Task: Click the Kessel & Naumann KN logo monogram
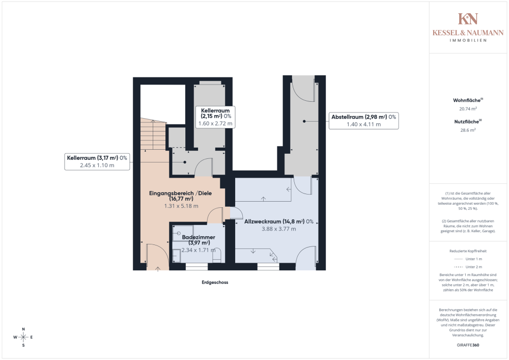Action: tap(468, 19)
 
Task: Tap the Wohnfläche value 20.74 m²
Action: tap(468, 109)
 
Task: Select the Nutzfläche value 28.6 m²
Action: tap(468, 130)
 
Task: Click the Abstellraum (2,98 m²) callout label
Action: tap(363, 121)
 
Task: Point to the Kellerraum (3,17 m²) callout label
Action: tap(97, 161)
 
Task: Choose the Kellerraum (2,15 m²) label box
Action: tap(215, 117)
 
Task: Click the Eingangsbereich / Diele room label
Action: tap(181, 196)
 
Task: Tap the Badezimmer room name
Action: tap(199, 237)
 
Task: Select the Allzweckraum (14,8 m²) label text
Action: tap(279, 221)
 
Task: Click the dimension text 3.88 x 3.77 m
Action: tap(279, 229)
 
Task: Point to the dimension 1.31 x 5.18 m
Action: tap(181, 206)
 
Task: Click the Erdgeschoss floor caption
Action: tap(215, 283)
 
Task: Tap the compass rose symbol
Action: tap(23, 337)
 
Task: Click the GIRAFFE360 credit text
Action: tap(468, 345)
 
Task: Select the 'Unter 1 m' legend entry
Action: tap(468, 259)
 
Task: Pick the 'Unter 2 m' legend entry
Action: tap(468, 267)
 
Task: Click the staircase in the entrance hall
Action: tap(153, 134)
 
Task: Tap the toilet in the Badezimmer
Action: tap(216, 256)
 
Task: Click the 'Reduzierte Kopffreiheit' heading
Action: tap(468, 251)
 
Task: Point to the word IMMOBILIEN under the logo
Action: tap(468, 40)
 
